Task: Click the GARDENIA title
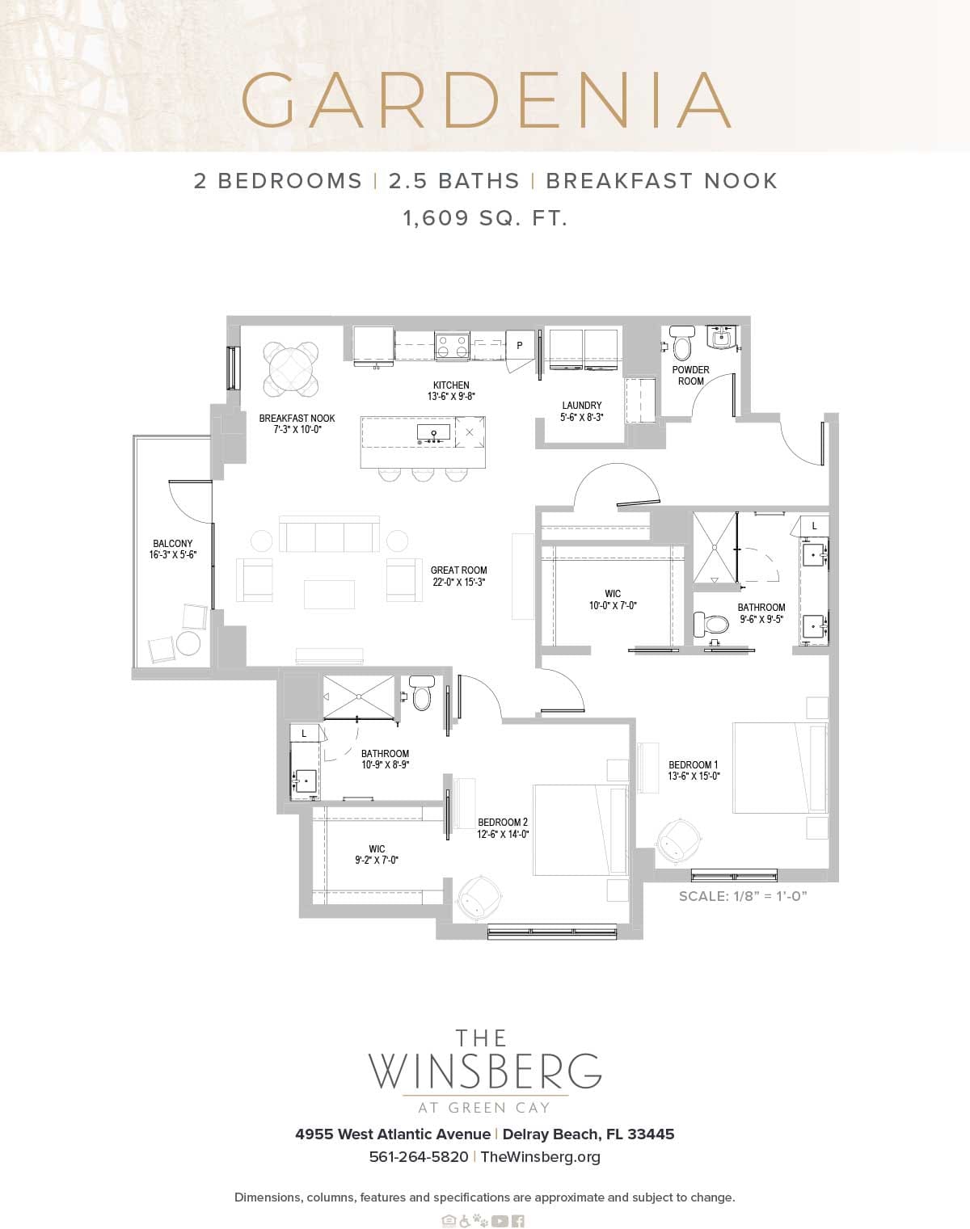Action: [486, 100]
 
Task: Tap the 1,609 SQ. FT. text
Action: [485, 218]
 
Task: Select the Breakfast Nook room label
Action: [297, 419]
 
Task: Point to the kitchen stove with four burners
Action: [452, 346]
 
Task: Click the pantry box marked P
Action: [520, 345]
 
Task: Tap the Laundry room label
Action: [581, 406]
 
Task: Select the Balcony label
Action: [172, 544]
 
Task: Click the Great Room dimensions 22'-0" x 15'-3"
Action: [458, 582]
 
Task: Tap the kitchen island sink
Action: [434, 434]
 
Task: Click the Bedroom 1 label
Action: [693, 764]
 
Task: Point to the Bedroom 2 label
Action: [502, 823]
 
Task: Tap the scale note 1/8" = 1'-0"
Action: [743, 896]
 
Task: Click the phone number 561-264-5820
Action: [418, 1156]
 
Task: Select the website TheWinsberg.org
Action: [540, 1156]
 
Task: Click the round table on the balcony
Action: [188, 643]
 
